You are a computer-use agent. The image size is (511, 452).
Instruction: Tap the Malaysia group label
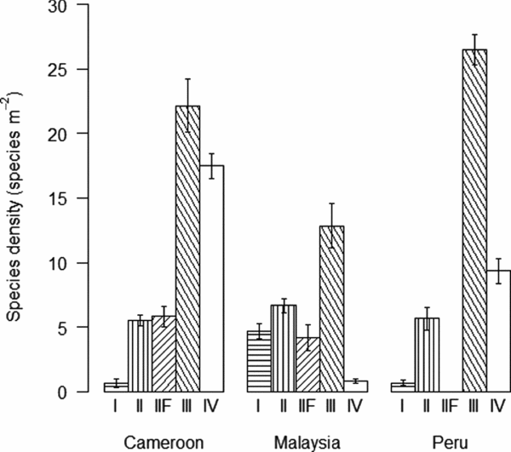307,441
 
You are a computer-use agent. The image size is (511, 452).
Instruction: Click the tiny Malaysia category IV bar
355,386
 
